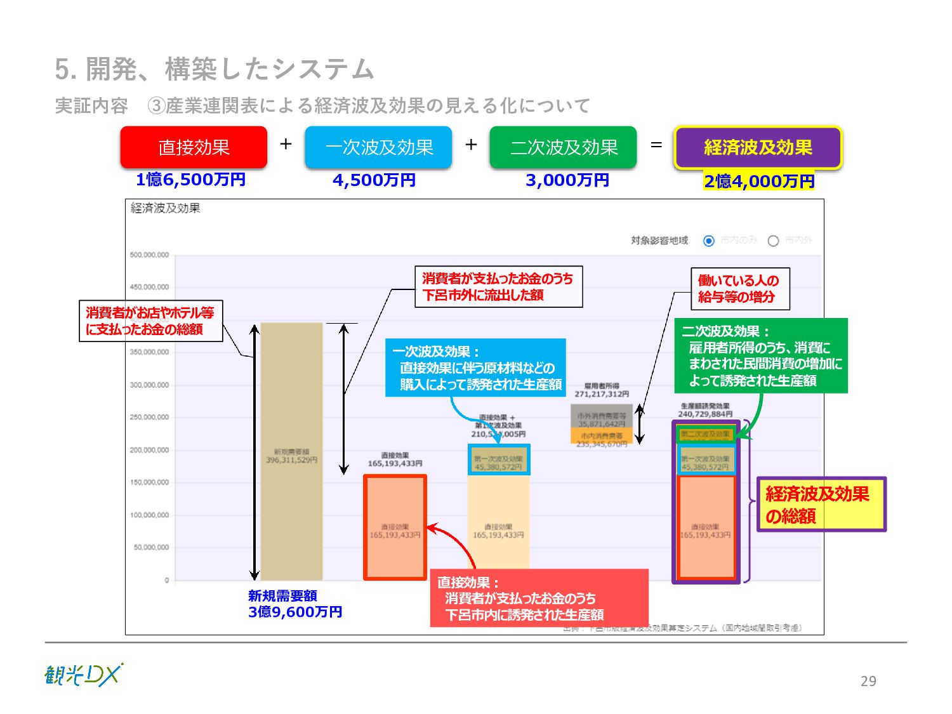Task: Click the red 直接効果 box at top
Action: (194, 147)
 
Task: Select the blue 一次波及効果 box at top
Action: (378, 147)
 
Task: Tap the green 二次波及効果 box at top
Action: (563, 147)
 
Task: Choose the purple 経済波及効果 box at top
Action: (758, 147)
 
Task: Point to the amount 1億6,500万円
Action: (190, 180)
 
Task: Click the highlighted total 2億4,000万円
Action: (758, 182)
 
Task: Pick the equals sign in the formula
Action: (656, 145)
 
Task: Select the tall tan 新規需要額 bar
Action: (291, 451)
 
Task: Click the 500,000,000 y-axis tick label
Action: (149, 255)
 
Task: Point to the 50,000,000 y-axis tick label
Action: (151, 547)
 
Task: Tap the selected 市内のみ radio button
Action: (709, 241)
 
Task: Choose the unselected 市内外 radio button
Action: (773, 241)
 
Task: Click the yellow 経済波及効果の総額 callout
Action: (821, 505)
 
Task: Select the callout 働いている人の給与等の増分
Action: (740, 289)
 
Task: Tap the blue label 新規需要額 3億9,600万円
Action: (295, 604)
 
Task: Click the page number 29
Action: (868, 681)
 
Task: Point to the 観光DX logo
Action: (83, 675)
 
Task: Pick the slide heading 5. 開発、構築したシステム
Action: (215, 69)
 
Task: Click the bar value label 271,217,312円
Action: (602, 394)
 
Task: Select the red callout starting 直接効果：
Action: (539, 598)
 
